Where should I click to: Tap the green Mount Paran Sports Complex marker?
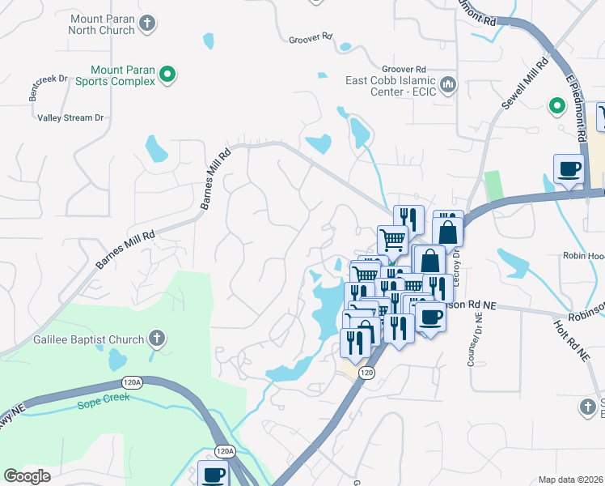click(167, 75)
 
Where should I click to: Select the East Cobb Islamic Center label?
click(391, 86)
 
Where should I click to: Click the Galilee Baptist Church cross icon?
click(157, 339)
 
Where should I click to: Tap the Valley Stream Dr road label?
click(71, 117)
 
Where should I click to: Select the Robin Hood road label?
click(584, 255)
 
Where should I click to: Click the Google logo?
click(27, 476)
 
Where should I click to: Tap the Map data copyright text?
click(571, 480)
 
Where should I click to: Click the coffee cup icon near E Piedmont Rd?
click(569, 168)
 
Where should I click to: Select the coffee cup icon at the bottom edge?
click(214, 474)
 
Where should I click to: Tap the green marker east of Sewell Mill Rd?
click(556, 105)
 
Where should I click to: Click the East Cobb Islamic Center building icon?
click(447, 83)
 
